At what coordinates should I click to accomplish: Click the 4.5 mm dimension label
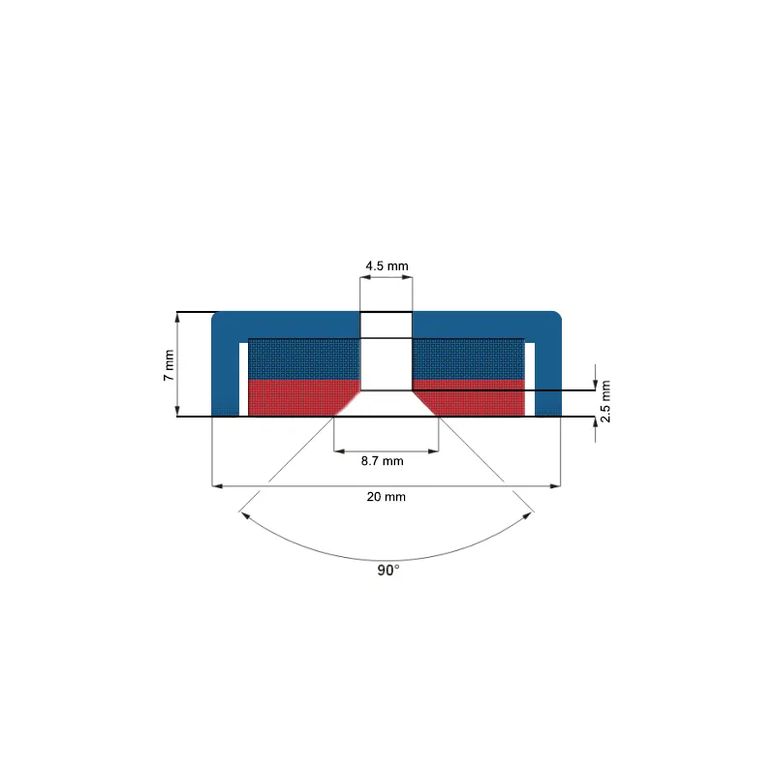click(387, 265)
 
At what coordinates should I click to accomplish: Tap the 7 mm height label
click(169, 365)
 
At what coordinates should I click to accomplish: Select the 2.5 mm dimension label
click(605, 401)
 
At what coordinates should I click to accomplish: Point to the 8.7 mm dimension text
click(382, 461)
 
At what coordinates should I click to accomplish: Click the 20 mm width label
click(386, 497)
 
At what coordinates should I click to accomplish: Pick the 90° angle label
click(388, 571)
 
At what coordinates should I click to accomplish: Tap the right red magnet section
click(469, 398)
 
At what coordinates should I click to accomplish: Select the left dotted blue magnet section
click(304, 359)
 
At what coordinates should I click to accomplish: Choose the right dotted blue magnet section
click(469, 359)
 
